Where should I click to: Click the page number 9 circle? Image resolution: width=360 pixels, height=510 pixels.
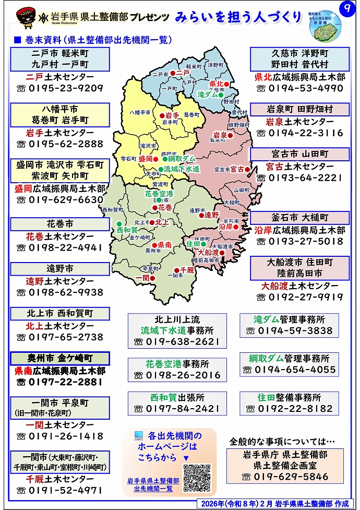pos(344,9)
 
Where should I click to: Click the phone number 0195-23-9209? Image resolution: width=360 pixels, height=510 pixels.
pos(60,88)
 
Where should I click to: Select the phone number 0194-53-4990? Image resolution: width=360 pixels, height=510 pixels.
pos(299,88)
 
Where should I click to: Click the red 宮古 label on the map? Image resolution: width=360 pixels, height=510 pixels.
pos(238,169)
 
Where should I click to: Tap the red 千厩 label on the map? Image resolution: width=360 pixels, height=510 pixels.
pos(187,269)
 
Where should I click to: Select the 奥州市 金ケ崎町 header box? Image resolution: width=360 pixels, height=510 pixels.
pos(60,359)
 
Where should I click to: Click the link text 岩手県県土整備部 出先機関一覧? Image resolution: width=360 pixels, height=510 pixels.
pos(153,484)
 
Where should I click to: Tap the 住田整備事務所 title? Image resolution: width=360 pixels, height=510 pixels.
pos(289,397)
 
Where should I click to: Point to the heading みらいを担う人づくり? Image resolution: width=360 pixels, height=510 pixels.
pos(238,17)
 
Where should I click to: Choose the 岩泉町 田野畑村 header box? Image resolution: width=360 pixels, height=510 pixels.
pos(299,110)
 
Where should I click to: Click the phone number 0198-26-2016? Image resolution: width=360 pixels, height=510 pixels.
pos(177,375)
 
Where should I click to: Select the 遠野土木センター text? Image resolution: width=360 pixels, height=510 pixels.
pos(60,281)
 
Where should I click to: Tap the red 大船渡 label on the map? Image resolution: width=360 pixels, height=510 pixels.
pos(208,252)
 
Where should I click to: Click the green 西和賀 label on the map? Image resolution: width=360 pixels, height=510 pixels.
pos(127,230)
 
